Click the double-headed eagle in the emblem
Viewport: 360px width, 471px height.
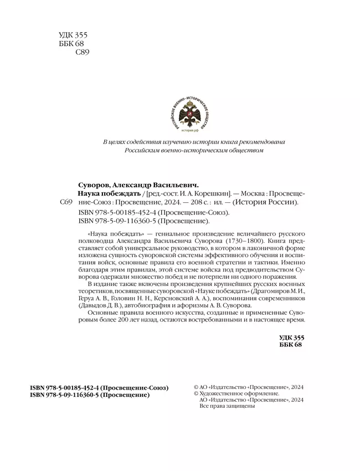189,114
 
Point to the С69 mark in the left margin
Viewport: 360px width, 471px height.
65,203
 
